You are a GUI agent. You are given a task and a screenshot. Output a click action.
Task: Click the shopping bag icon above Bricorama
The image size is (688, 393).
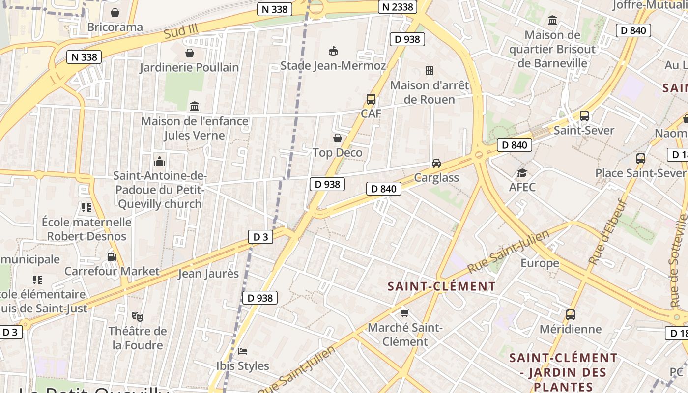coord(115,12)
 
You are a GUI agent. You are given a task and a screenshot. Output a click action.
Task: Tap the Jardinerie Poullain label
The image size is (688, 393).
coord(189,67)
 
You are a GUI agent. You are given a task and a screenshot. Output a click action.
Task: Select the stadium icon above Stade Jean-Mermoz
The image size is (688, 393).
coord(333,51)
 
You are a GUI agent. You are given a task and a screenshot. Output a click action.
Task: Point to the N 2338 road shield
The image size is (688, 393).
coord(398,7)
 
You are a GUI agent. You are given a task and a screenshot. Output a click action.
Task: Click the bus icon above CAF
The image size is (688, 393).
coord(371,99)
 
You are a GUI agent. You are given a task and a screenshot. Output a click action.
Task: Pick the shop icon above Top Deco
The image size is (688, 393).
coord(338,138)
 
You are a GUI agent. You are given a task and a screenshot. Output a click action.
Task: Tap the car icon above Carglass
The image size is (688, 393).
coord(436,163)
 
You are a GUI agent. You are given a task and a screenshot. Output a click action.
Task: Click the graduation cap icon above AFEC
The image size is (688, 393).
coord(522,173)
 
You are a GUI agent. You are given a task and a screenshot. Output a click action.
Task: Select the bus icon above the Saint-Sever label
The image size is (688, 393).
coord(584,116)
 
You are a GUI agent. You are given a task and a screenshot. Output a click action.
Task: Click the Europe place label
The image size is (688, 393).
coord(540,263)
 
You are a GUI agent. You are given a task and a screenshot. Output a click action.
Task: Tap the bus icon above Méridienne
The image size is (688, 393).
coord(571,315)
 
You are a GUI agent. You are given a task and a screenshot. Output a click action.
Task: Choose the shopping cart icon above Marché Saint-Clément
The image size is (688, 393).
coord(405,313)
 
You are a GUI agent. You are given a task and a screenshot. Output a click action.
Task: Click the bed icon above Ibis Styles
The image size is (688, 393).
coord(243,351)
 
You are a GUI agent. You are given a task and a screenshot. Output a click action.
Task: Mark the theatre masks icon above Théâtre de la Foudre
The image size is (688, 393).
coord(137,316)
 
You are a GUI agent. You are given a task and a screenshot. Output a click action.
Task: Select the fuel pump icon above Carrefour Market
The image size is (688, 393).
coord(112,256)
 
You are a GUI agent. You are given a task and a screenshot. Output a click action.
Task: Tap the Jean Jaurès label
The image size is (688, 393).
coord(208,274)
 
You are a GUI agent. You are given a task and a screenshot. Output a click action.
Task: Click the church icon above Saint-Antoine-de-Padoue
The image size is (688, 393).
coord(160,161)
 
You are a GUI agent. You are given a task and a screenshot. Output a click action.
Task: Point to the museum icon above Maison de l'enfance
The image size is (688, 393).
coord(195,106)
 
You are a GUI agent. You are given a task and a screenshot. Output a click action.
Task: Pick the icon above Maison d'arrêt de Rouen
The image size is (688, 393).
coord(430,71)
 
